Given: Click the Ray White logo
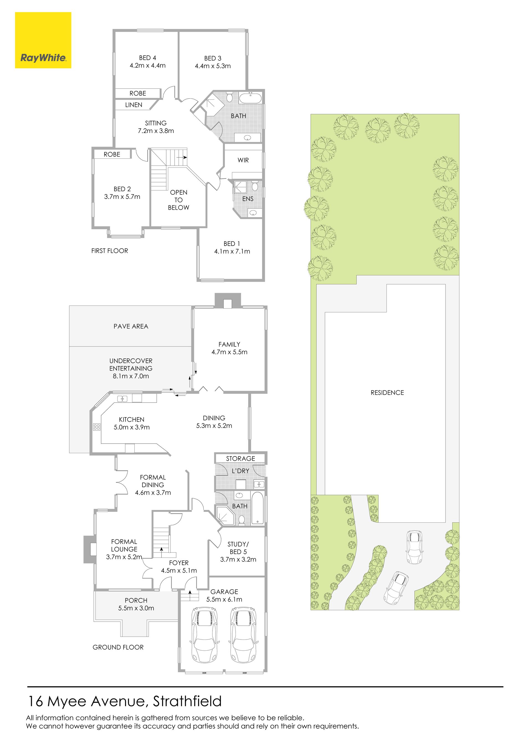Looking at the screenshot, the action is click(x=43, y=40).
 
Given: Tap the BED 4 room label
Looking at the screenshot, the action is click(x=147, y=58).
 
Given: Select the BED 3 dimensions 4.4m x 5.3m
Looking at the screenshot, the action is click(x=213, y=66).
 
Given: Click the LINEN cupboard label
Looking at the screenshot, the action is click(x=134, y=105).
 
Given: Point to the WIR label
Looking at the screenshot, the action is click(x=243, y=160).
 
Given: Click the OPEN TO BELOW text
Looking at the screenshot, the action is click(x=178, y=200).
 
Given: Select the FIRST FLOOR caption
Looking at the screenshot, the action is click(x=110, y=251).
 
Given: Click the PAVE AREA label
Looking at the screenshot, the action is click(x=131, y=326).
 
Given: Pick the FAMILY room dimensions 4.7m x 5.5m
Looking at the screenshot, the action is click(x=229, y=352).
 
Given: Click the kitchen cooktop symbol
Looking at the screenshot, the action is click(x=97, y=427).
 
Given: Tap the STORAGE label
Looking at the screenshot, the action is click(x=241, y=458).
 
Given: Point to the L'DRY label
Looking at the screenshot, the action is click(x=241, y=471).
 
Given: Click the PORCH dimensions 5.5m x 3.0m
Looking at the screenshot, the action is click(x=136, y=608).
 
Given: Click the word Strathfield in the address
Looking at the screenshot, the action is click(x=187, y=701).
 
